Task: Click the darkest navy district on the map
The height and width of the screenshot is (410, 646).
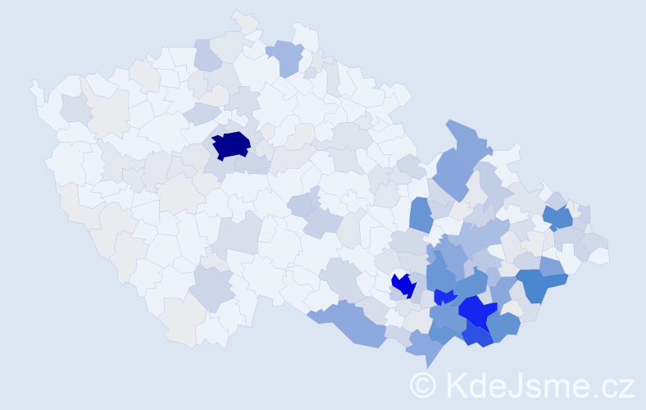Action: click(231, 144)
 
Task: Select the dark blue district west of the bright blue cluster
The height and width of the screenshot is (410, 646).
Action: click(403, 285)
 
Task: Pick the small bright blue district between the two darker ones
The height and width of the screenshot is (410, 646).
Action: click(444, 297)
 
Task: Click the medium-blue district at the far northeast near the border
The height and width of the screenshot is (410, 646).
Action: click(558, 217)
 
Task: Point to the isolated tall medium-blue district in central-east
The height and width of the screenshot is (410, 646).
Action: click(421, 215)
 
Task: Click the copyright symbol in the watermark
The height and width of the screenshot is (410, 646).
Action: click(424, 385)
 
